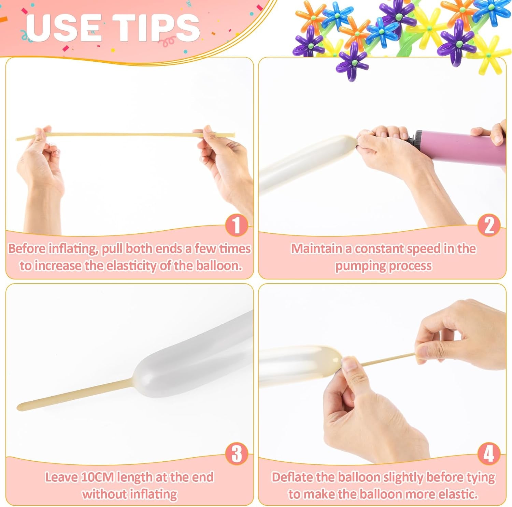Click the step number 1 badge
(236, 225)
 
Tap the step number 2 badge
(489, 225)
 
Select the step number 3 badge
(236, 454)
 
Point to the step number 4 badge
(489, 454)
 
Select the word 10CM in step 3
(97, 477)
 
